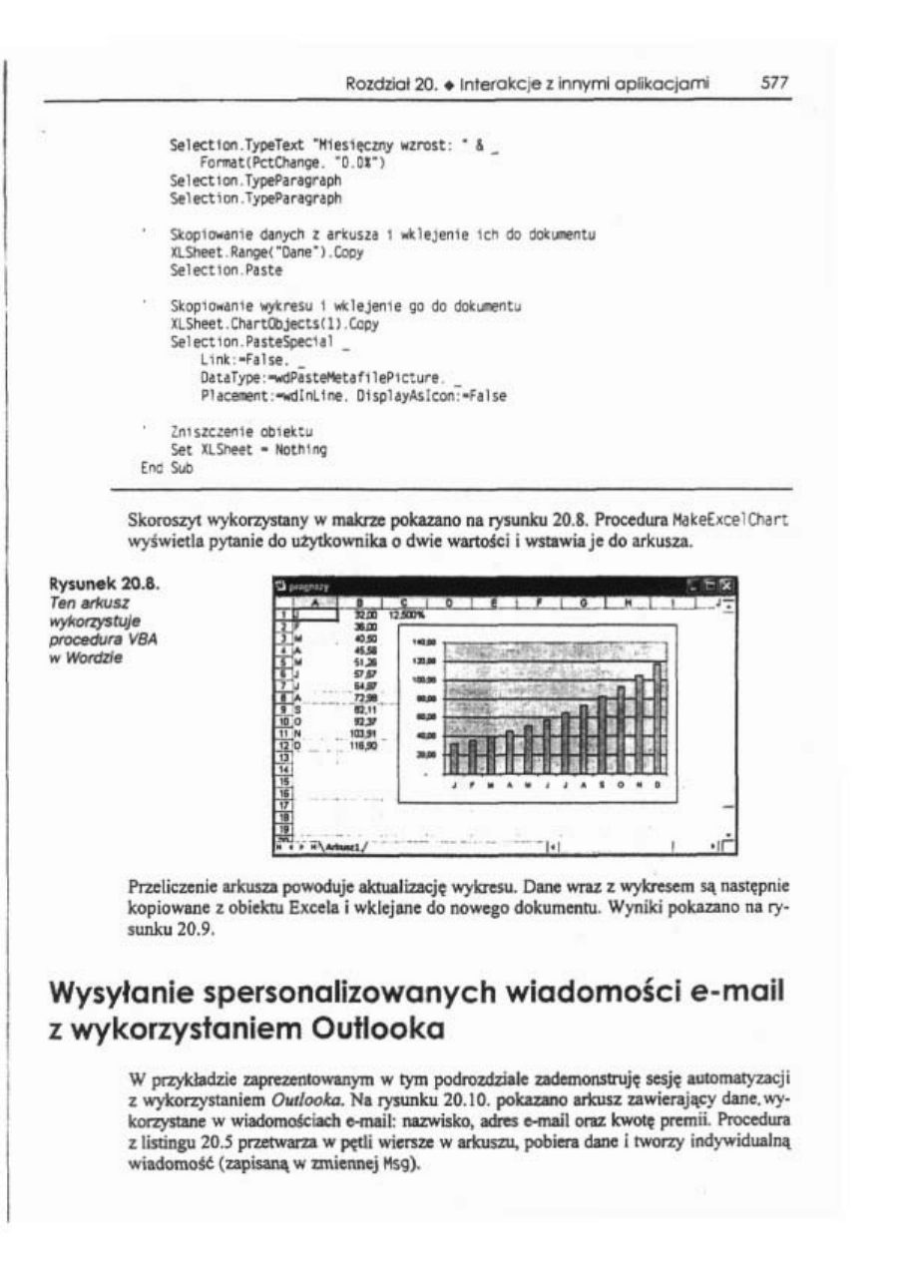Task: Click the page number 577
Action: click(774, 84)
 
